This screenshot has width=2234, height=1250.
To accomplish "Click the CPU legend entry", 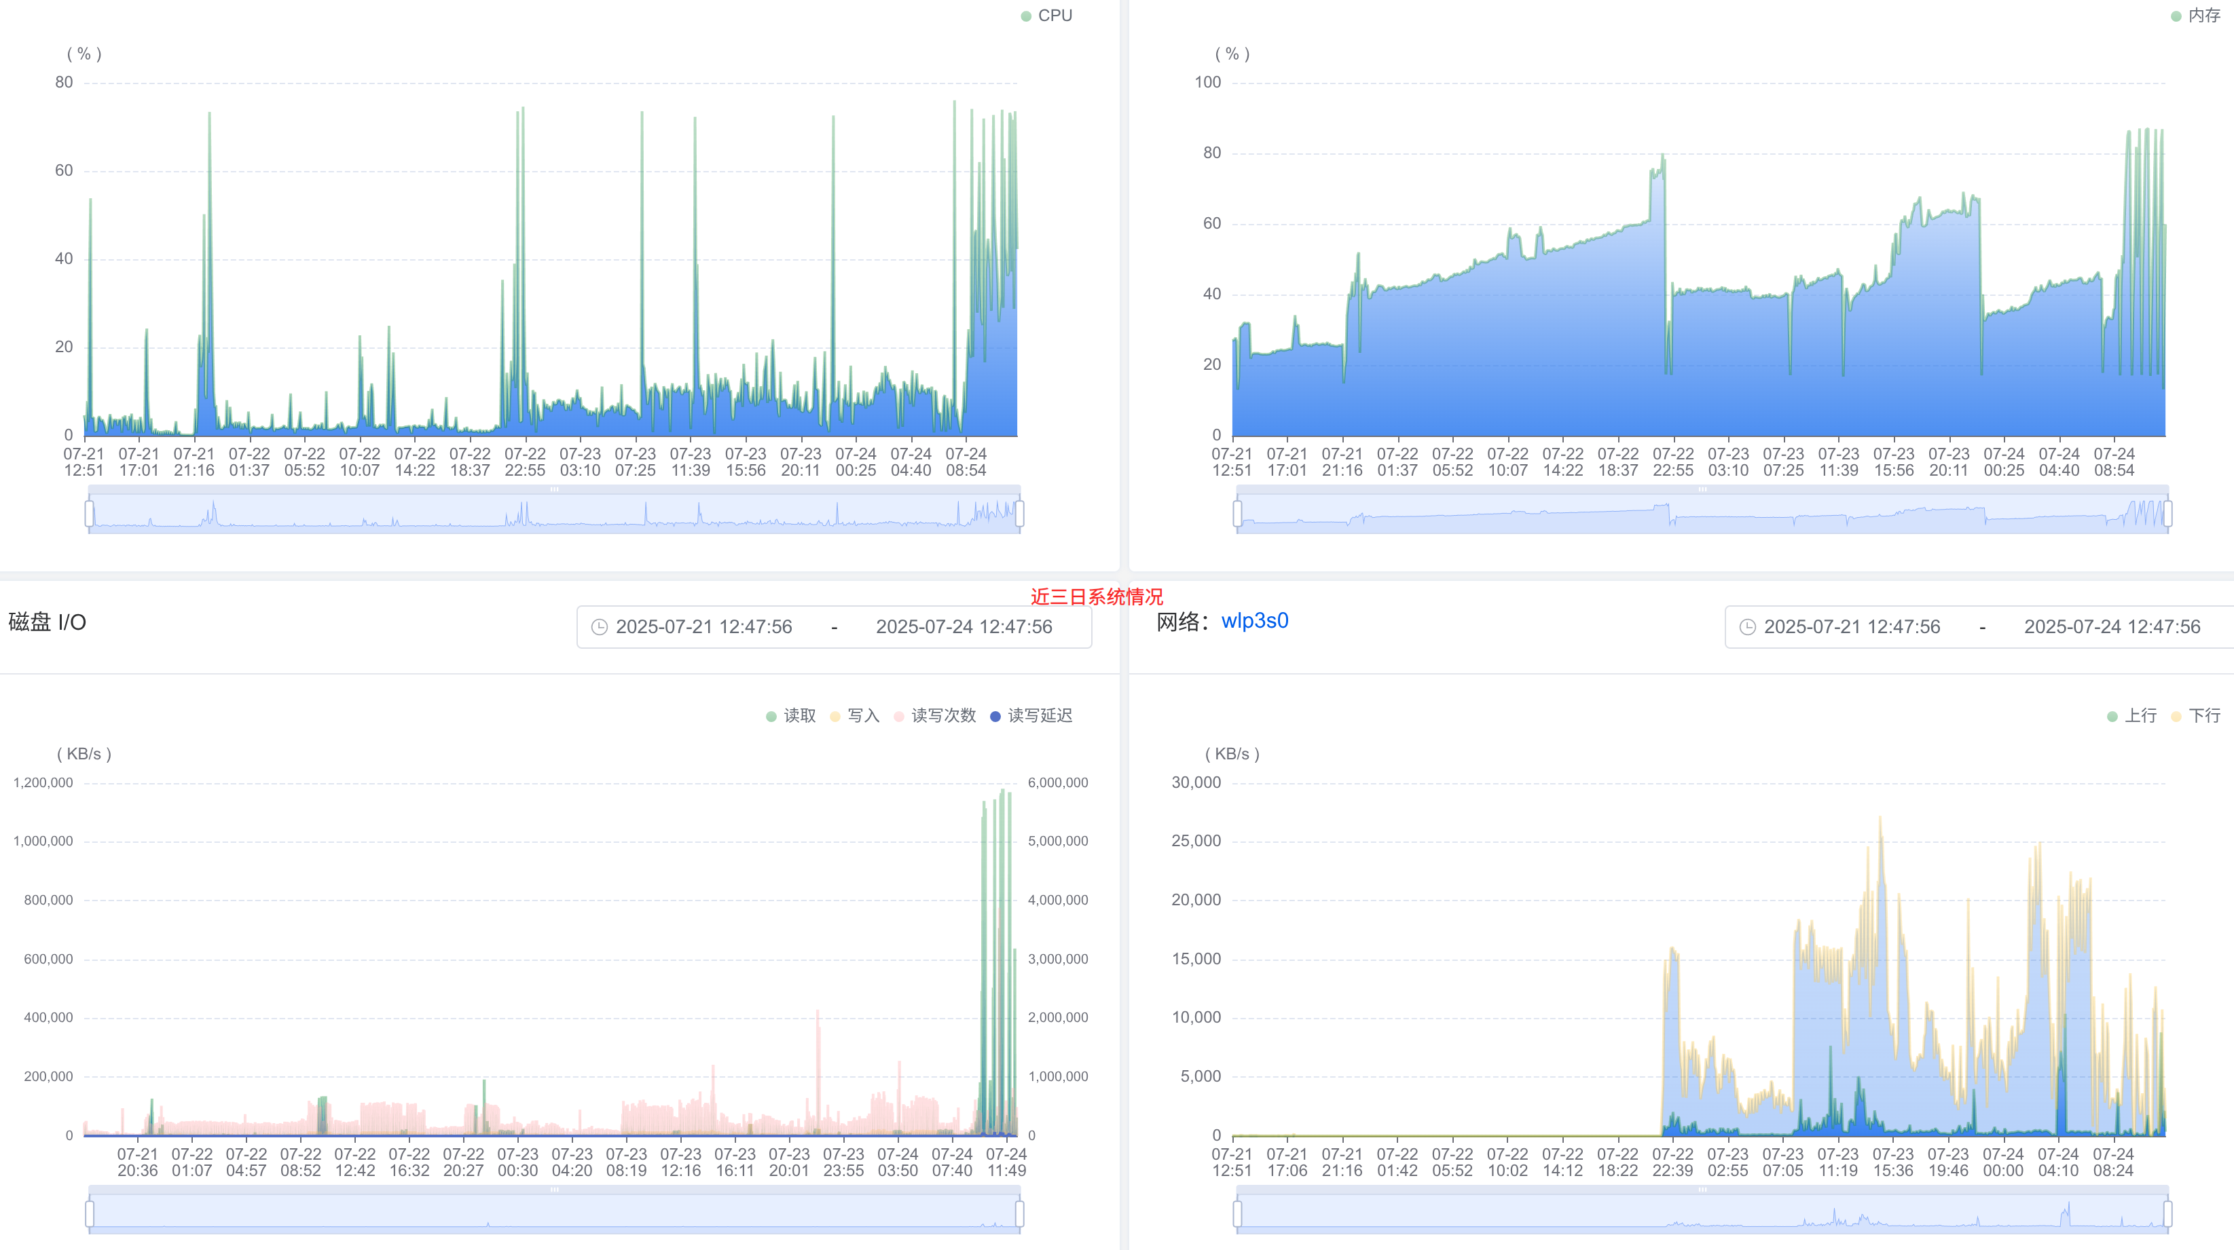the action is (1047, 16).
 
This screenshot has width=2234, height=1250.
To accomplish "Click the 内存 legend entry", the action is (2195, 16).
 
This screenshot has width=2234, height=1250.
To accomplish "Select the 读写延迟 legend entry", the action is (1031, 715).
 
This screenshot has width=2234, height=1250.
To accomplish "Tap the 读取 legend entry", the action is (791, 715).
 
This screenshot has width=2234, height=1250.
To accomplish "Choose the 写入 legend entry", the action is (854, 715).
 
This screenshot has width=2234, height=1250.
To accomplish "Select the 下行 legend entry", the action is (2195, 715).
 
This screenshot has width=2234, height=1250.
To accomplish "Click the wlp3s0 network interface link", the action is (1255, 621).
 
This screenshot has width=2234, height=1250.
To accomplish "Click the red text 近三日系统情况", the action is (1097, 596).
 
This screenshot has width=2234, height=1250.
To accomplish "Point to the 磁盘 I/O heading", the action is (47, 622).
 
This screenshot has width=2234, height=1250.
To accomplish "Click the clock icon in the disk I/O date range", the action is (600, 627).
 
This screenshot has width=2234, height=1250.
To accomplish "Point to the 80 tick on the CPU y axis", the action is (65, 82).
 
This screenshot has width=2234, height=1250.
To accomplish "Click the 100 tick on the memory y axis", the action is (1207, 82).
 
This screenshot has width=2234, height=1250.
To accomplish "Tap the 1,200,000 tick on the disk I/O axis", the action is (43, 782).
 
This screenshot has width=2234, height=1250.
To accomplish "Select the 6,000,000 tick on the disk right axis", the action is (1058, 782).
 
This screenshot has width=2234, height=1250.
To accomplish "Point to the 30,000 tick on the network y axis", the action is (1196, 782).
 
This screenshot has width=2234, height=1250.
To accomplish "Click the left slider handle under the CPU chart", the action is (90, 514).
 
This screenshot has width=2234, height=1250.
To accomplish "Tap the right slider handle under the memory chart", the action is (2168, 514).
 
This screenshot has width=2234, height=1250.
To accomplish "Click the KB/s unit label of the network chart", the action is (1232, 754).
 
